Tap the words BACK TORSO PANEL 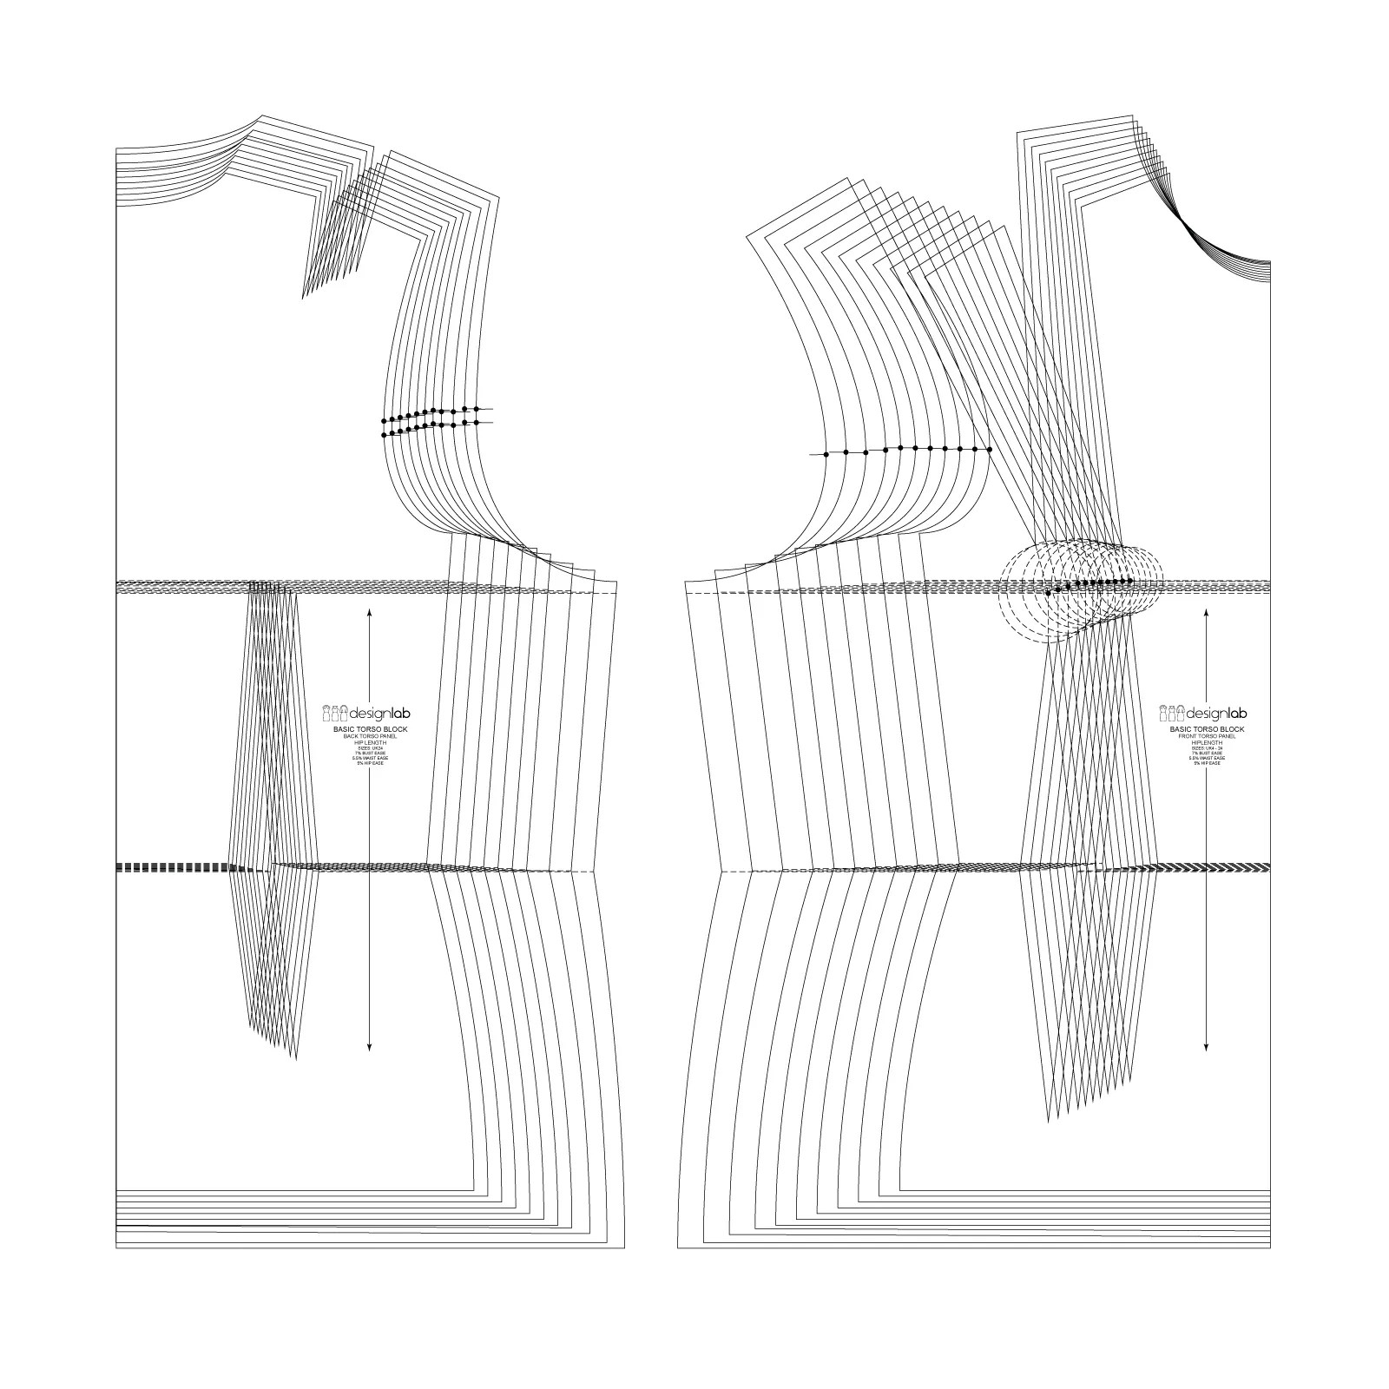pyautogui.click(x=370, y=735)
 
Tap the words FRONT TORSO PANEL pyautogui.click(x=1207, y=735)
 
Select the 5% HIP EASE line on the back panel pyautogui.click(x=370, y=763)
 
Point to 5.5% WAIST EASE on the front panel pyautogui.click(x=1207, y=758)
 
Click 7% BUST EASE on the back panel pyautogui.click(x=370, y=753)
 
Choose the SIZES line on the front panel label pyautogui.click(x=1207, y=747)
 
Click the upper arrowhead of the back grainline pyautogui.click(x=370, y=611)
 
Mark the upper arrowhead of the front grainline pyautogui.click(x=1207, y=611)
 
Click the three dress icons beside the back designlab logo pyautogui.click(x=335, y=714)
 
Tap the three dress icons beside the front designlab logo pyautogui.click(x=1172, y=714)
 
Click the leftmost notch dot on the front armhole pyautogui.click(x=826, y=454)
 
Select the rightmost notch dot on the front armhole pyautogui.click(x=990, y=449)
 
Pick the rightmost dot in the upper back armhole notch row pyautogui.click(x=476, y=408)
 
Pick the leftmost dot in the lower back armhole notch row pyautogui.click(x=385, y=434)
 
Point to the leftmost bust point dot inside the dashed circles pyautogui.click(x=1048, y=592)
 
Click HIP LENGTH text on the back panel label pyautogui.click(x=370, y=741)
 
